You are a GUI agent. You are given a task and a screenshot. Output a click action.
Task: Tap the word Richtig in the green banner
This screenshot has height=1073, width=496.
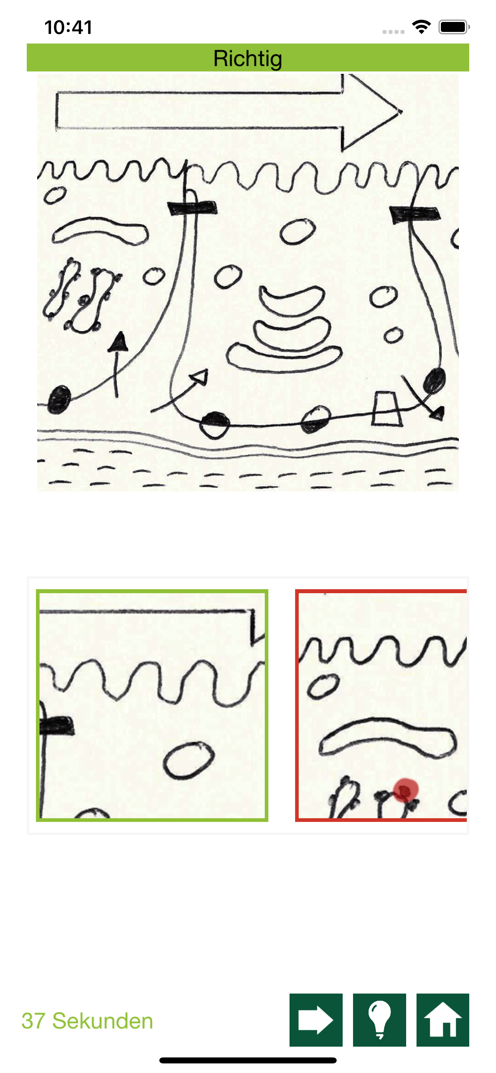pos(248,58)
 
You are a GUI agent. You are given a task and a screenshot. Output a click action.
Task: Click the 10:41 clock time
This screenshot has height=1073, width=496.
pos(68,28)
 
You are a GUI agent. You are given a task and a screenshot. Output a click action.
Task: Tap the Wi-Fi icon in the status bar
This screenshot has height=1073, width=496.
pos(421,27)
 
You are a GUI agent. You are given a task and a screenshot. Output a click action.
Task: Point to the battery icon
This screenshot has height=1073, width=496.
pos(454,27)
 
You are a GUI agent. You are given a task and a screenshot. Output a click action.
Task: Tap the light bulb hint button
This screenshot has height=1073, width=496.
pos(379,1020)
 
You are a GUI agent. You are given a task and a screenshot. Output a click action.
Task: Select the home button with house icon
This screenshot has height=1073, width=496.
pos(442,1020)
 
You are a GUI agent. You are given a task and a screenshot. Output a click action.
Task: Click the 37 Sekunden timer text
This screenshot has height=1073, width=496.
pos(87,1021)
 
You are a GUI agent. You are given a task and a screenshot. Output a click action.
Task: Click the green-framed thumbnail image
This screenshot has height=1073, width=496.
pos(152,705)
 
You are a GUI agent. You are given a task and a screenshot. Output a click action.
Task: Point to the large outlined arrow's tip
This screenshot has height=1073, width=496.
pos(401,111)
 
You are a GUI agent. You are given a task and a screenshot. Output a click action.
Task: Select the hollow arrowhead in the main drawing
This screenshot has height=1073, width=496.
pos(199,377)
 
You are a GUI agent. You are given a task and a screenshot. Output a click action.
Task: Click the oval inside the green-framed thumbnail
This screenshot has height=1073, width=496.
pos(188,760)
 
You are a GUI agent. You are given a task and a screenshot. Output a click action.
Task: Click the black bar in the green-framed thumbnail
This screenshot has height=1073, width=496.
pos(57,725)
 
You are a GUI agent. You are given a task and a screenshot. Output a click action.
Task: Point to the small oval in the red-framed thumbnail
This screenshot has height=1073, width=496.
pos(323,686)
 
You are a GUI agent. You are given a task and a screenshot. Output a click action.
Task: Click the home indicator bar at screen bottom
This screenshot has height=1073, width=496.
pos(248,1060)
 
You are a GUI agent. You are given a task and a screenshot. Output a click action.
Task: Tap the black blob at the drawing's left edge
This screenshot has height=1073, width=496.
pos(59,400)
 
